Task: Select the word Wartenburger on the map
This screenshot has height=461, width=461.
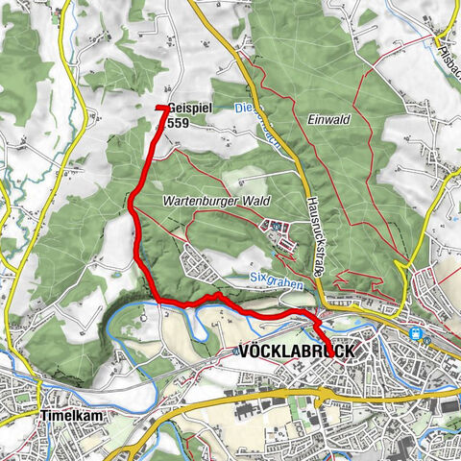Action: coord(203,201)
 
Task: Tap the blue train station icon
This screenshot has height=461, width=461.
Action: coord(416,334)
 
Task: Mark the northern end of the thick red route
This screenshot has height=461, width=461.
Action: coord(158,107)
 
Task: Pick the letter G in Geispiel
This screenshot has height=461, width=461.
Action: coord(170,109)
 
